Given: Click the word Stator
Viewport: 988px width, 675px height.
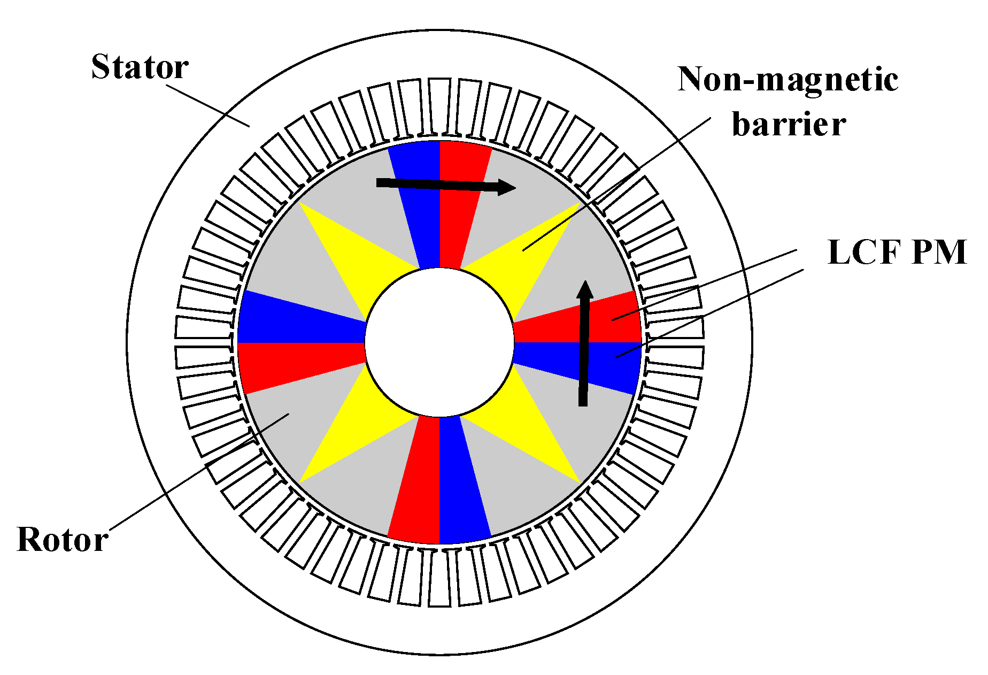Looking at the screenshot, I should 140,67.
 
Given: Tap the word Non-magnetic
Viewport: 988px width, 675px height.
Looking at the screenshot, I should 788,80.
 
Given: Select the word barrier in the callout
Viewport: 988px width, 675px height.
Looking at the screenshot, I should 789,125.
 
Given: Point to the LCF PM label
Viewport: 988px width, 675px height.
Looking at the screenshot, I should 897,252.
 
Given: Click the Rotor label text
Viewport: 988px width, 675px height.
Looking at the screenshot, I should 63,539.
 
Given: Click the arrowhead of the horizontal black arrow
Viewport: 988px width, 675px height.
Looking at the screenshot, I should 506,187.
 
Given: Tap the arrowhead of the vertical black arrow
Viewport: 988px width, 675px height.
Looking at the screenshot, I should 585,289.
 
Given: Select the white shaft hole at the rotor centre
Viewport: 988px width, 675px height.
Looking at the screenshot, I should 439,342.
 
